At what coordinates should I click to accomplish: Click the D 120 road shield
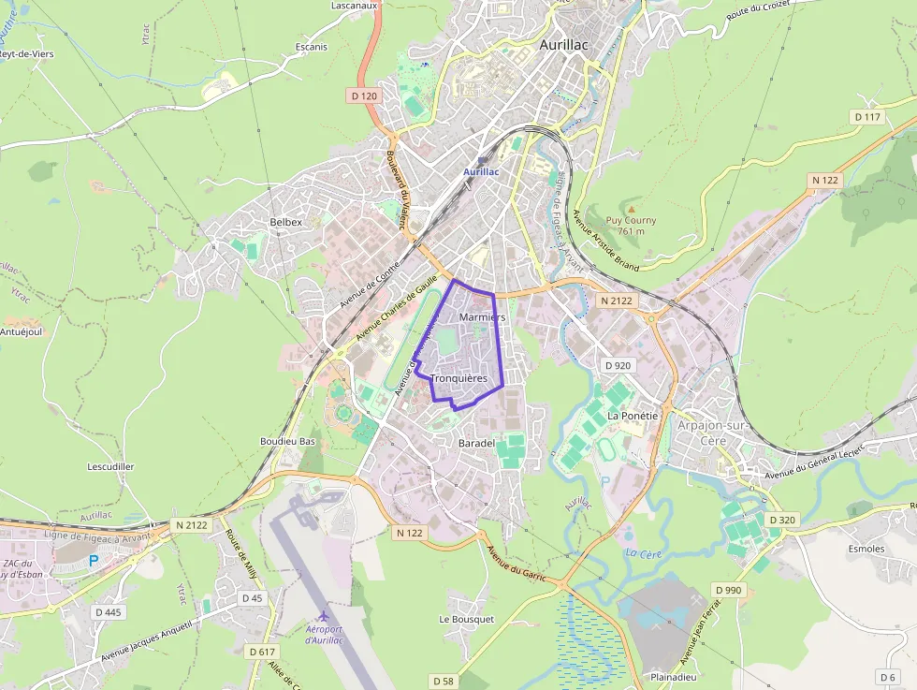click(364, 95)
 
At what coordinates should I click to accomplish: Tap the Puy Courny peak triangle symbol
click(631, 210)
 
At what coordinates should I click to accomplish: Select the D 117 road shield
click(867, 117)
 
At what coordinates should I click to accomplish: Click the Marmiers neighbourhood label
click(482, 317)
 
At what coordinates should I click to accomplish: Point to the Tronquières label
click(460, 378)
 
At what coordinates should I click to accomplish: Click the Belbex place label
click(285, 222)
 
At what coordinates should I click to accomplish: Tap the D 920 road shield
click(618, 365)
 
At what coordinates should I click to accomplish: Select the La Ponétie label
click(633, 415)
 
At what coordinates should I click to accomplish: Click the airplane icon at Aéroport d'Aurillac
click(324, 615)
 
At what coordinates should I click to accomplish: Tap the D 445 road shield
click(108, 612)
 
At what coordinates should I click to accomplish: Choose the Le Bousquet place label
click(466, 619)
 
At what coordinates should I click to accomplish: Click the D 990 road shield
click(727, 590)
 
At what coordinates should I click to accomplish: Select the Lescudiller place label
click(110, 465)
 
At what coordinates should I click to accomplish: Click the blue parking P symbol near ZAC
click(93, 560)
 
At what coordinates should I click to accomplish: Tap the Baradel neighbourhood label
click(476, 442)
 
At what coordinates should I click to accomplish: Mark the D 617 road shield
click(263, 651)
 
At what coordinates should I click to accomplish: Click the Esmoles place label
click(866, 549)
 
